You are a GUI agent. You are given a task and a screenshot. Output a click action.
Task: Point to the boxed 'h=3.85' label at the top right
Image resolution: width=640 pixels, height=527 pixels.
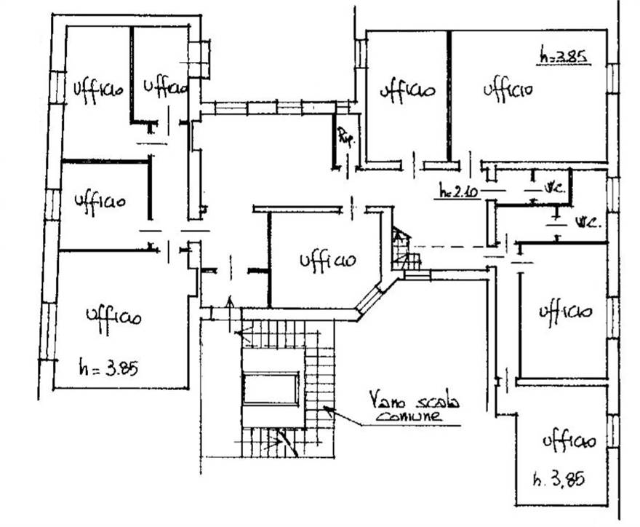563,55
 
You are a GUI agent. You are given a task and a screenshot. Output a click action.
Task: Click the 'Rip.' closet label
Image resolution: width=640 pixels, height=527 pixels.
345,136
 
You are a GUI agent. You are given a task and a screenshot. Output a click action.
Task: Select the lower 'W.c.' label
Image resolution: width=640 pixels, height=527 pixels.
587,221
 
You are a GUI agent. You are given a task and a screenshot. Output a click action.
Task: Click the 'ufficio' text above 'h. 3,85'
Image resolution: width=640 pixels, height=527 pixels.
569,440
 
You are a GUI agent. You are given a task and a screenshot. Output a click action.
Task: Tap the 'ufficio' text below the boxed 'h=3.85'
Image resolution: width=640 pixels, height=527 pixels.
508,89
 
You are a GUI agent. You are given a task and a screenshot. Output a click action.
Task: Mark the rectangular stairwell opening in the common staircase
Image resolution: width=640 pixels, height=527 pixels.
271,388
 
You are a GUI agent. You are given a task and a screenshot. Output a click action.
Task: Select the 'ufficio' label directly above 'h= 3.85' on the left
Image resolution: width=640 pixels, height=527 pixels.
113,317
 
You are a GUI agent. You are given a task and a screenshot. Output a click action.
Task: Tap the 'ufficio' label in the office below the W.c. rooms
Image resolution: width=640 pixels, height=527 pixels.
564,312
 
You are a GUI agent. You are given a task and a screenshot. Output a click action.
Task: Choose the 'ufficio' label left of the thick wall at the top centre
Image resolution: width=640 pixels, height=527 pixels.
407,90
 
